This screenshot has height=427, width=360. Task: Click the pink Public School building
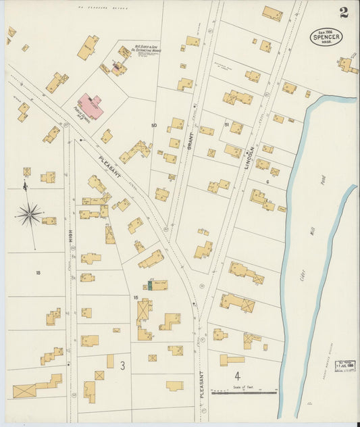(x=91, y=107)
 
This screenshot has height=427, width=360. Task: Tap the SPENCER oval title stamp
(x=326, y=37)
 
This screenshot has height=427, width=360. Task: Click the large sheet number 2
(x=344, y=12)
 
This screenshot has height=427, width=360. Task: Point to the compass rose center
(x=29, y=216)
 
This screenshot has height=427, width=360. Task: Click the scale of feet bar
(x=244, y=391)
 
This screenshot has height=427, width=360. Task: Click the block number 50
(x=154, y=126)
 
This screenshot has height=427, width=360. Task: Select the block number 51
(x=227, y=124)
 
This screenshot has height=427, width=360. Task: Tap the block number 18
(x=38, y=273)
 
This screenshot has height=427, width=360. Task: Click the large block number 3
(x=122, y=366)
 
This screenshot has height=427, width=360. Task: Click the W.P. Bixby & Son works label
(x=145, y=49)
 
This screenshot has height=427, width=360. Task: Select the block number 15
(x=136, y=297)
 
